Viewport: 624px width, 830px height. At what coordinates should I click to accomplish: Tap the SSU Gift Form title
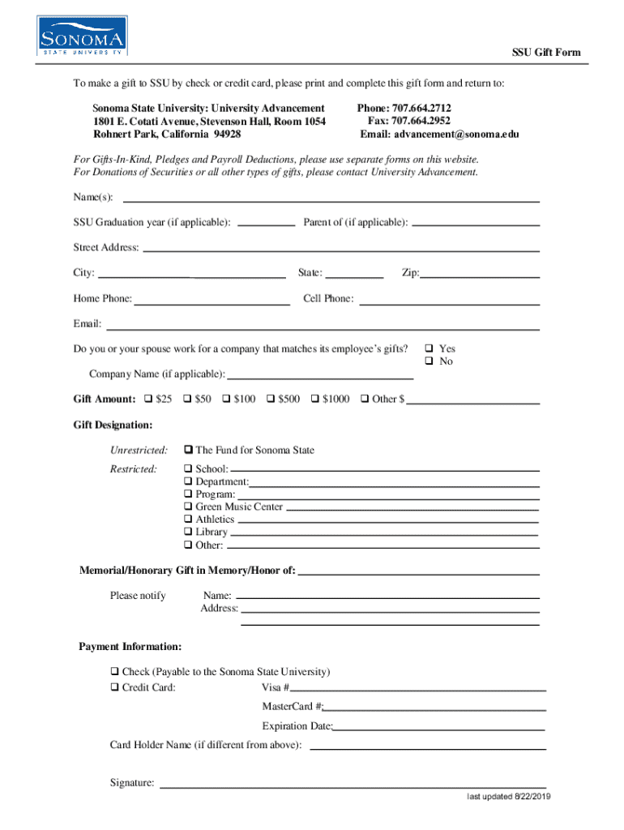coord(545,53)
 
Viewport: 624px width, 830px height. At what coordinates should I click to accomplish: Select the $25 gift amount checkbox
coord(148,399)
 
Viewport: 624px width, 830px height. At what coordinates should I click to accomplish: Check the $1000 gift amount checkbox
coord(315,399)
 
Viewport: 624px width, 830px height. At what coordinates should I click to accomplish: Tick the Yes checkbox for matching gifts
coord(431,349)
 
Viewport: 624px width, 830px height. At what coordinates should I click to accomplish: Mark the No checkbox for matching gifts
coord(431,362)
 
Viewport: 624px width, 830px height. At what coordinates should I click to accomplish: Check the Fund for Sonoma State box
coord(188,450)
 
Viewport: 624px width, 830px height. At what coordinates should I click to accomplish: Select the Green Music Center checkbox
coord(188,507)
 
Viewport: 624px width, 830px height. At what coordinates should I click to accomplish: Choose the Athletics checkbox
coord(188,520)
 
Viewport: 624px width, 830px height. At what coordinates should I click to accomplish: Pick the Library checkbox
coord(188,533)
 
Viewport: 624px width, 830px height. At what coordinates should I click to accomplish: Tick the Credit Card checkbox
coord(114,687)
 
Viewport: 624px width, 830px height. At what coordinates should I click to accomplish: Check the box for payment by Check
coord(114,672)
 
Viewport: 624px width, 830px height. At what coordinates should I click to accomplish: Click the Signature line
coord(353,785)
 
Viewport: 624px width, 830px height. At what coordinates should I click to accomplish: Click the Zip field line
coord(480,276)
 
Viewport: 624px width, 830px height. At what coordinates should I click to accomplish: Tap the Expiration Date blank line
coord(438,729)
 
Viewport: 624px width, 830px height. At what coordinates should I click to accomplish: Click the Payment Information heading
coord(130,647)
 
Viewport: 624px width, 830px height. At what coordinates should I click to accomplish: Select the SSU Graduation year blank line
coord(267,225)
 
